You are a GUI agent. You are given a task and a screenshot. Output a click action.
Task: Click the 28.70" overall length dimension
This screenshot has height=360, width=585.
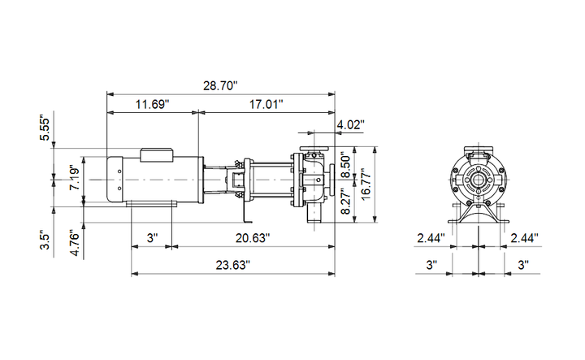[x=220, y=86]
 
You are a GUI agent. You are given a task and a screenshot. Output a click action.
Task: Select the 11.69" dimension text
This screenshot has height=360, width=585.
[x=152, y=104]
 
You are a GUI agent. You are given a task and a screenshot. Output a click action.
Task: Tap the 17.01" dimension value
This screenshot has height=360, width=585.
[x=266, y=104]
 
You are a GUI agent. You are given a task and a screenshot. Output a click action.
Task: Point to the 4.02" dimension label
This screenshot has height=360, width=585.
[x=350, y=124]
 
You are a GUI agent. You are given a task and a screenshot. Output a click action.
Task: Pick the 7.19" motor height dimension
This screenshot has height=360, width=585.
[x=75, y=178]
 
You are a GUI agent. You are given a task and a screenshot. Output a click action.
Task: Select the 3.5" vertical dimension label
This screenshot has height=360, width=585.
[x=45, y=241]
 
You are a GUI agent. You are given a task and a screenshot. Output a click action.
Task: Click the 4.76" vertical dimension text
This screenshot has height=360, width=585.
[x=75, y=245]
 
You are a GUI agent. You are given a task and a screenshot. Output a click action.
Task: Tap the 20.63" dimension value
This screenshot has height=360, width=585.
[x=252, y=237]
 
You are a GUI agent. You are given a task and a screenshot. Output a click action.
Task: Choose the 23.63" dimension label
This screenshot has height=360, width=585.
[x=233, y=265]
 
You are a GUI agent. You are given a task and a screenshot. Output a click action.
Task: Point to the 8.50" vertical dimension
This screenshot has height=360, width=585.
[x=346, y=163]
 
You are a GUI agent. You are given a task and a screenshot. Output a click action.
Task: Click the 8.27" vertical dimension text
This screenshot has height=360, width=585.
[x=346, y=202]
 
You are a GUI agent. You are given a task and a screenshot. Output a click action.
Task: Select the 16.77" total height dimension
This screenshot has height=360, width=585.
[x=366, y=184]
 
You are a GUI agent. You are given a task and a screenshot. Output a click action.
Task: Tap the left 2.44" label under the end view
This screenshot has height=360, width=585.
[x=431, y=237]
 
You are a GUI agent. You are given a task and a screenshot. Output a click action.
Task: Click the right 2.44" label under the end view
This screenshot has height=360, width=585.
[x=524, y=237]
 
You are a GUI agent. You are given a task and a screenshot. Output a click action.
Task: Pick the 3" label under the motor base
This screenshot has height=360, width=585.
[x=152, y=237]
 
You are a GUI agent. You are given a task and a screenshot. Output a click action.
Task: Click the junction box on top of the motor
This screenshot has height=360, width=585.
[x=157, y=155]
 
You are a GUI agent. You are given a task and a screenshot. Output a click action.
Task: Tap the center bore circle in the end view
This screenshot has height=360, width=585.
[x=479, y=180]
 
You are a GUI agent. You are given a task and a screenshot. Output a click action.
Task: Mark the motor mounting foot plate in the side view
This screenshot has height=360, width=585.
[x=151, y=203]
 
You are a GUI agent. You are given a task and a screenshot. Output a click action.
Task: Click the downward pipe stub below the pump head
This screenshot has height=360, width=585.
[x=314, y=214]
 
